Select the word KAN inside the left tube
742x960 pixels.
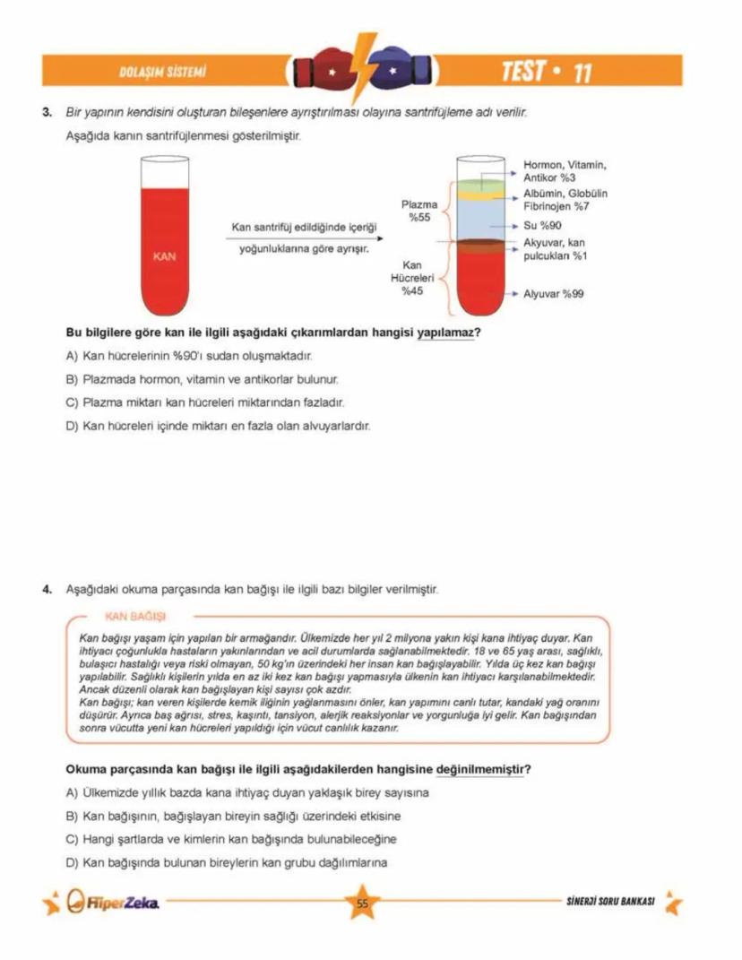[164, 256]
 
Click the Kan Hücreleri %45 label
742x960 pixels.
[412, 278]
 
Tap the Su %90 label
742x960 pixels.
[542, 225]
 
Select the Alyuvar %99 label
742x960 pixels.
[553, 294]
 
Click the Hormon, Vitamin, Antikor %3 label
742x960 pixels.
[565, 171]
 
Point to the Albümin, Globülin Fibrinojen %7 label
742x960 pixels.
[565, 200]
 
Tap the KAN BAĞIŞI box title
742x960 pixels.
[135, 617]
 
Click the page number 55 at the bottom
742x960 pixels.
[363, 904]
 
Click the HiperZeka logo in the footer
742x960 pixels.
[115, 903]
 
